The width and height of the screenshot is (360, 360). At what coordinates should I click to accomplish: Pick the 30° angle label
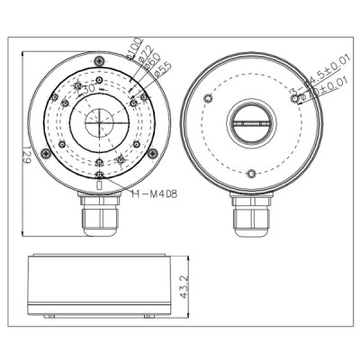pos(87,89)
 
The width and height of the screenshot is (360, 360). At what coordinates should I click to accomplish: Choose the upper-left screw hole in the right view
pos(208,97)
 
